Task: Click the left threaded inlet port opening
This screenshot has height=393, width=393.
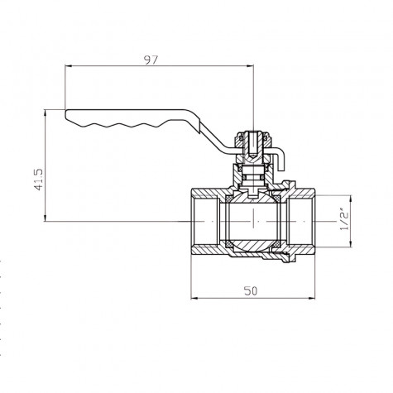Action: (198, 221)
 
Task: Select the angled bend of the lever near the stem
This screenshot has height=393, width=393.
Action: (218, 133)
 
